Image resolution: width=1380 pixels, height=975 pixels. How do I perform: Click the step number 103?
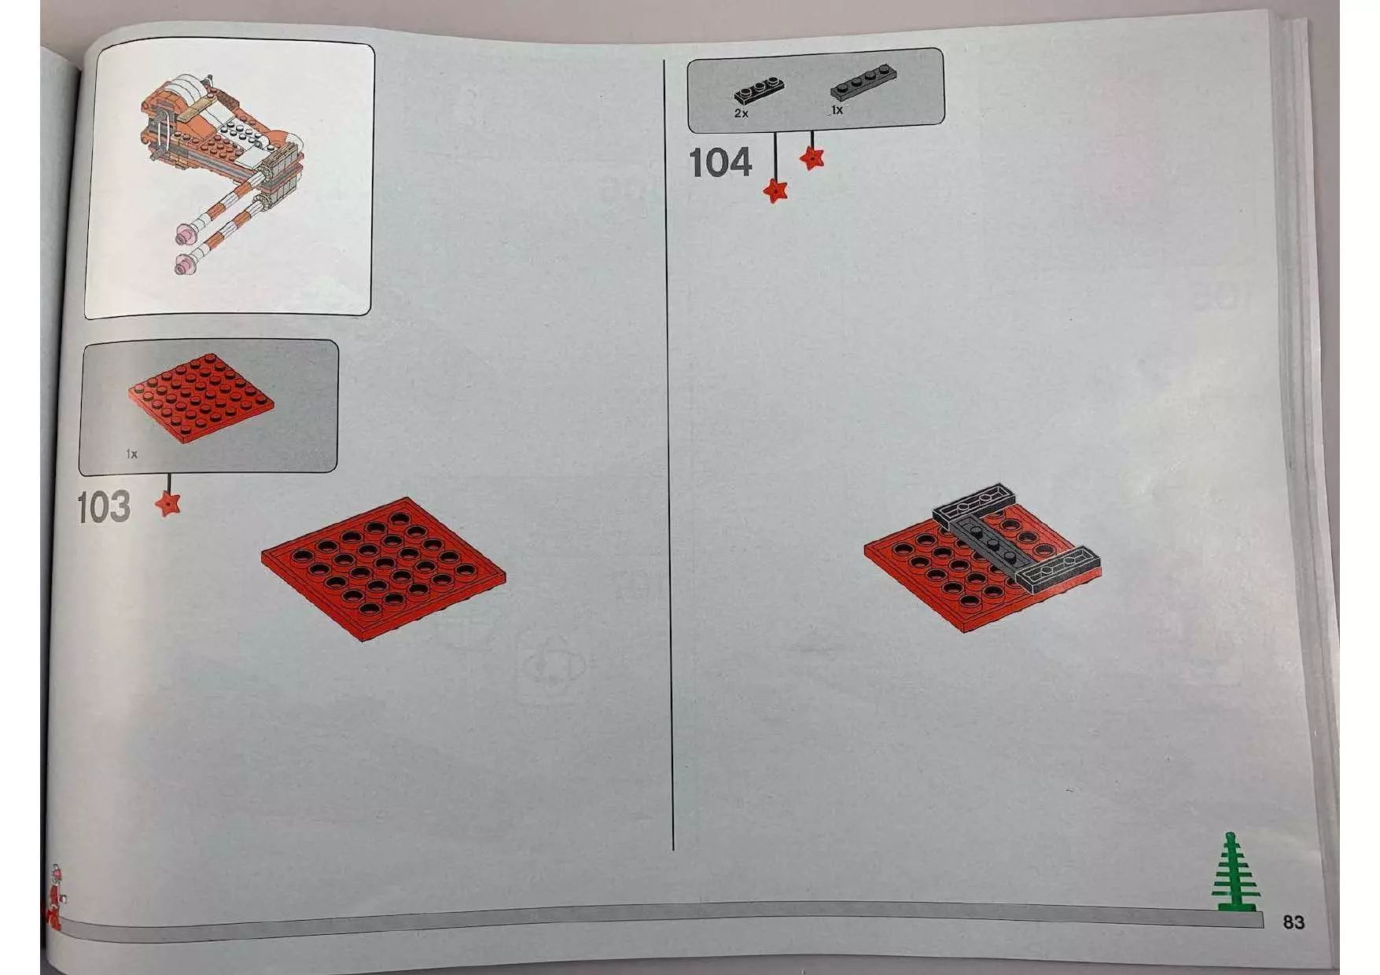coord(104,507)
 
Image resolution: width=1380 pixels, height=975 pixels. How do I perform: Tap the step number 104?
coord(720,163)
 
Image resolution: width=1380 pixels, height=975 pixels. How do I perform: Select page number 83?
coord(1294,922)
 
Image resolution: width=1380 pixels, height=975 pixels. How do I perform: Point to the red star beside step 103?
coord(167,503)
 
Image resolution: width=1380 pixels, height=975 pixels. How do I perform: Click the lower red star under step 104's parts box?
coord(775,190)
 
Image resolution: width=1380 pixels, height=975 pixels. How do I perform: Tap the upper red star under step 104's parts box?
coord(812,158)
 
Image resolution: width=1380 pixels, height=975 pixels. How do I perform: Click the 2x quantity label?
coord(741,113)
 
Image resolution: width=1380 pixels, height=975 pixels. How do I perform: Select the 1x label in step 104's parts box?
coord(837,110)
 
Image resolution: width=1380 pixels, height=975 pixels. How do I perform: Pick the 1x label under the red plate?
coord(132,454)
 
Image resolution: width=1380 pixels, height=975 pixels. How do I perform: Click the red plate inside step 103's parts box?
coord(201,397)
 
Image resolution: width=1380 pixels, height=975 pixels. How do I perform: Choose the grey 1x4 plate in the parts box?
coord(864,82)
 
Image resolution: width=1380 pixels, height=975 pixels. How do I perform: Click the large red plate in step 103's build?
coord(384,568)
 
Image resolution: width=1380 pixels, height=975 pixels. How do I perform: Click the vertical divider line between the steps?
coord(669,454)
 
